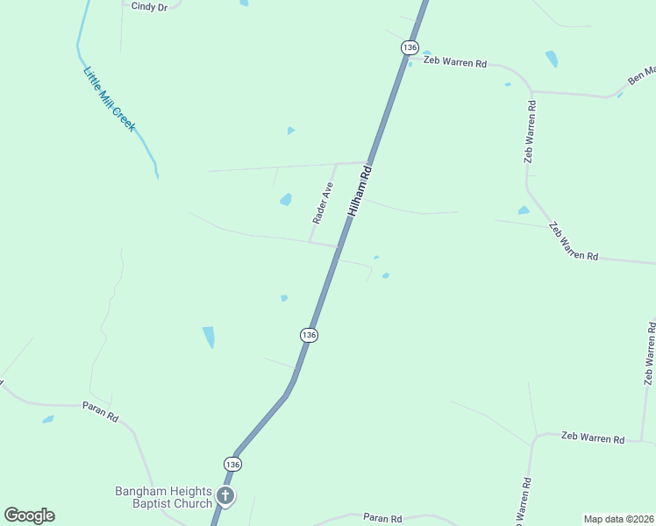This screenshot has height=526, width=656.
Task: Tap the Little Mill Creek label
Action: click(x=109, y=99)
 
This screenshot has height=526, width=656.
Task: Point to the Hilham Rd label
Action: click(x=360, y=191)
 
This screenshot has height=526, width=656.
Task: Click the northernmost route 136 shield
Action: click(x=410, y=46)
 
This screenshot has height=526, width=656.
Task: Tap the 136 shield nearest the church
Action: click(x=232, y=464)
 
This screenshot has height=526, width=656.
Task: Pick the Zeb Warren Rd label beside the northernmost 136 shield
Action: click(x=454, y=62)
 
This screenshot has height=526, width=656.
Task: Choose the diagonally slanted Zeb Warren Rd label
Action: click(x=573, y=242)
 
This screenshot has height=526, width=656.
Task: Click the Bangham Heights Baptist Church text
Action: click(x=164, y=497)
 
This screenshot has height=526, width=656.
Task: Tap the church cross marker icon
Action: click(x=225, y=497)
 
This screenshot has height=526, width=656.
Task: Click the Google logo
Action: click(x=29, y=515)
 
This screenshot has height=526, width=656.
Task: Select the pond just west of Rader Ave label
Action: click(x=286, y=200)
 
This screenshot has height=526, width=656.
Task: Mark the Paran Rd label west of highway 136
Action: click(x=100, y=411)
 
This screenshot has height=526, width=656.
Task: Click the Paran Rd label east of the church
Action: click(x=383, y=519)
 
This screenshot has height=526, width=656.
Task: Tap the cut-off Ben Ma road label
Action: click(x=640, y=75)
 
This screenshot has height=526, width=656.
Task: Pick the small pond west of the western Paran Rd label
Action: click(x=47, y=419)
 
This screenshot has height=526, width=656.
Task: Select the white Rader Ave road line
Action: click(x=324, y=202)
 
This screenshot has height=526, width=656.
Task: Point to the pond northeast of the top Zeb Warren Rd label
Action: click(x=552, y=59)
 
